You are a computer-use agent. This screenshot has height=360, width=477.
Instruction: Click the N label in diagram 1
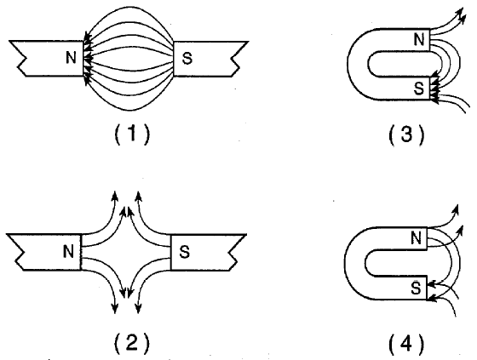coord(71,57)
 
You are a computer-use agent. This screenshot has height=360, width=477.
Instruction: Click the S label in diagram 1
coord(187,58)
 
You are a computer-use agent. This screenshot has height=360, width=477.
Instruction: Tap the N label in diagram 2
coord(68,251)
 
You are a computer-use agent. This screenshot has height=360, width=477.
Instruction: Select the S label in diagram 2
coord(185,252)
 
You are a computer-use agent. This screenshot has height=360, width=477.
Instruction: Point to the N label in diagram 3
coord(419,39)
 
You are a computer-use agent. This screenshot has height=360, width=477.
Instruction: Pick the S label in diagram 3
coord(419,89)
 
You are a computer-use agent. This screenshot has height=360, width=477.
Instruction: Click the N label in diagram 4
coord(416,237)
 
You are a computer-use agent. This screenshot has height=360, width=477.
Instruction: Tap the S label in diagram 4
coord(416,288)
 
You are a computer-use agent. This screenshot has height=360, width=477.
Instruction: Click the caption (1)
coord(132,134)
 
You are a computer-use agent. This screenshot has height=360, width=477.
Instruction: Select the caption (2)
coord(132,344)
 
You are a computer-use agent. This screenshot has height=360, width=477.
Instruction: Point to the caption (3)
coord(406,134)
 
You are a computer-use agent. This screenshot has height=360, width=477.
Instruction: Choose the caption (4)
coord(406,344)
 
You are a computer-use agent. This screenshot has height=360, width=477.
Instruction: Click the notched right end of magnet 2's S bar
coord(238,252)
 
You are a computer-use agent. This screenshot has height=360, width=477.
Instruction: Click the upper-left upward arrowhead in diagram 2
coord(115,195)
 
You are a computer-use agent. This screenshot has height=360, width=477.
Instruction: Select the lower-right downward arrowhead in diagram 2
coord(138,308)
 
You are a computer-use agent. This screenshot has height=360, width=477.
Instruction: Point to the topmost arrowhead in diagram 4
coord(456,209)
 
